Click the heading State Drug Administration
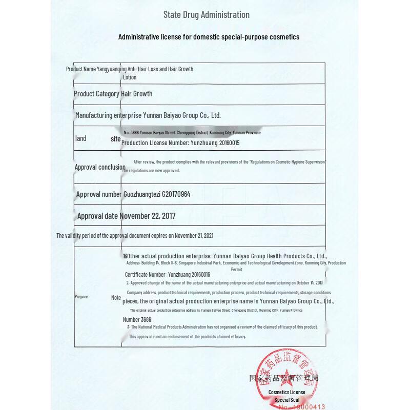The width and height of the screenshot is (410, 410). click(x=206, y=15)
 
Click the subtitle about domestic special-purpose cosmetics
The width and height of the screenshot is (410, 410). click(x=209, y=37)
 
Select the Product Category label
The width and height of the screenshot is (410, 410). click(x=97, y=94)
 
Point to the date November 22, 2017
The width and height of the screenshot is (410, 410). click(x=148, y=216)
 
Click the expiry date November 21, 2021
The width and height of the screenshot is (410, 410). click(x=194, y=236)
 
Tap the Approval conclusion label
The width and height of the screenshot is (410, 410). click(x=100, y=167)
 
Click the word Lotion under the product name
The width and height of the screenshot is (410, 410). click(x=130, y=77)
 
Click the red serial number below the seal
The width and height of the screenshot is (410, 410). click(x=302, y=407)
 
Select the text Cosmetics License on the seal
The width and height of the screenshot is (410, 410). click(x=287, y=393)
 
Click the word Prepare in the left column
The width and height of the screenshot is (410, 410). click(x=81, y=297)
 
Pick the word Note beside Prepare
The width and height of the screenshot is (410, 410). click(x=116, y=298)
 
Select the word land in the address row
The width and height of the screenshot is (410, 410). click(x=80, y=138)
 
